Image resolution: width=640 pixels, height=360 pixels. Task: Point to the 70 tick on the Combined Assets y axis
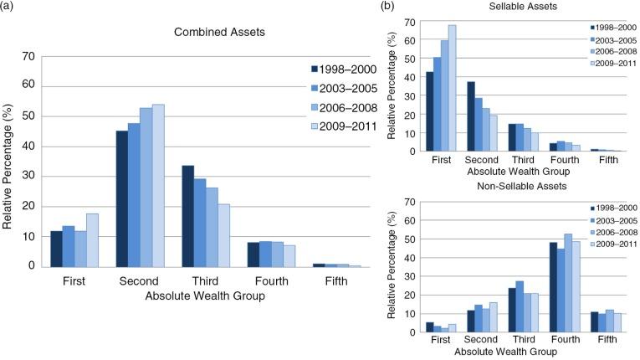[28, 56]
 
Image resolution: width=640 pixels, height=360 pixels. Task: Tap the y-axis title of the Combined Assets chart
[8, 161]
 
